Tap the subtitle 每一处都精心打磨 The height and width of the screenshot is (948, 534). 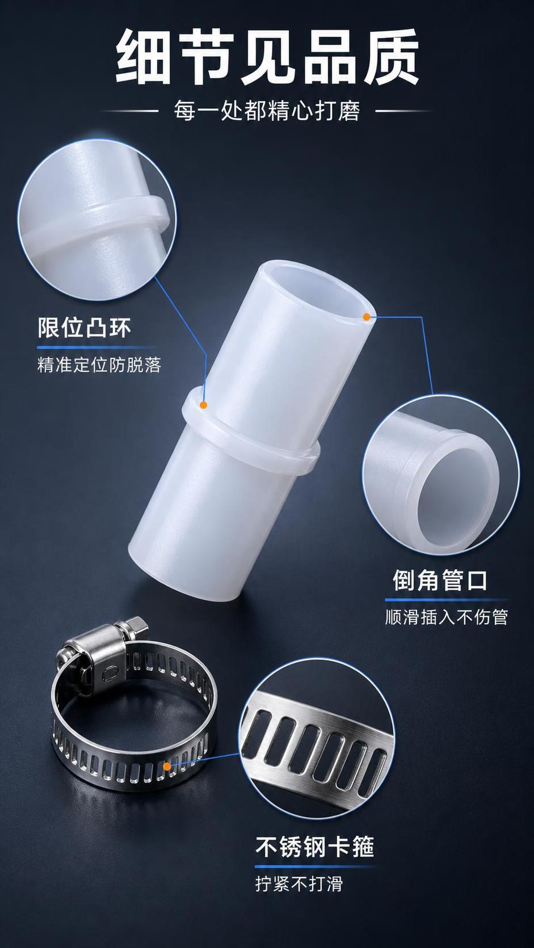point(267,111)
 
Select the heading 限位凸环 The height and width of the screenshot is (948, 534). point(85,328)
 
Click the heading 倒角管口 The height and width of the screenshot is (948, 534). point(440,581)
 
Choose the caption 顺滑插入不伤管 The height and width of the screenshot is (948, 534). point(447,617)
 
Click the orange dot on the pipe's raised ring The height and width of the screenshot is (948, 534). point(204,405)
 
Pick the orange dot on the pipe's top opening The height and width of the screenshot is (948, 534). point(367,316)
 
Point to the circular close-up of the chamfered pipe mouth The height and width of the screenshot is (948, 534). point(440,475)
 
